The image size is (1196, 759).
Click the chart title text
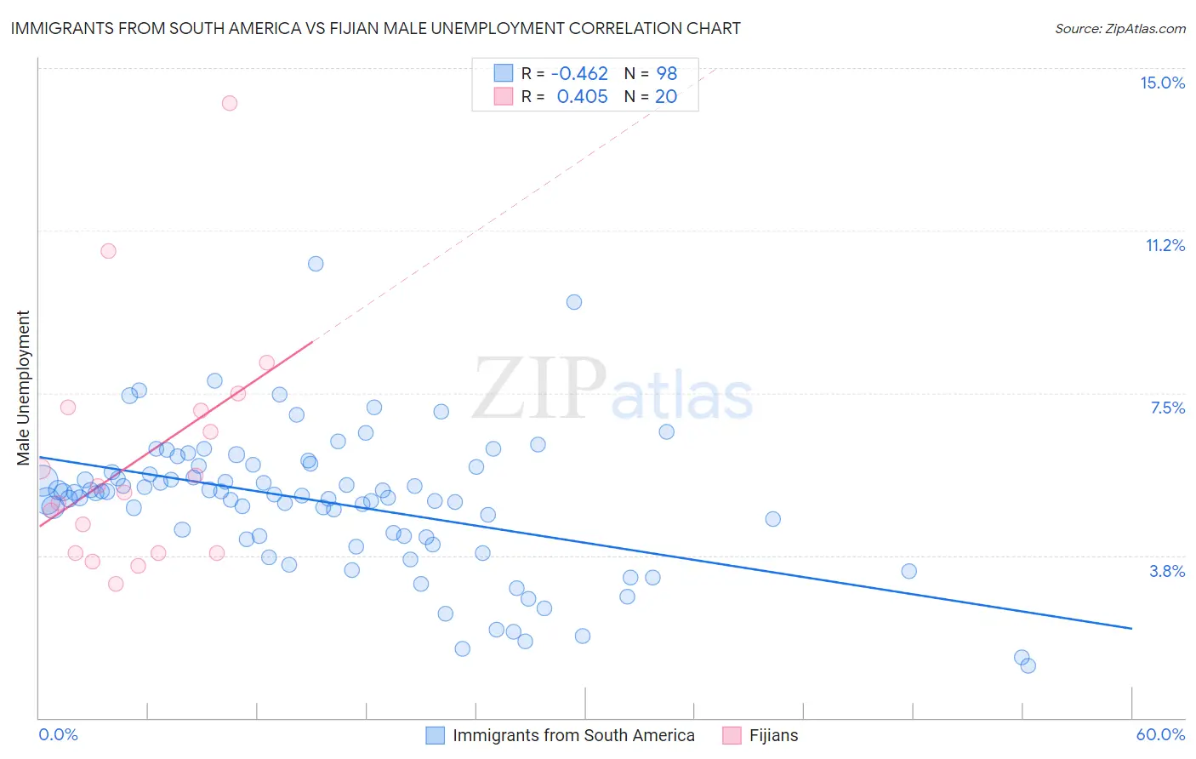[375, 28]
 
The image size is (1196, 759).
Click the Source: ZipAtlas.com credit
[1119, 28]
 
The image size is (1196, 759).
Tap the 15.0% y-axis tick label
[1162, 83]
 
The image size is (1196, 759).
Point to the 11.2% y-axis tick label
[1165, 245]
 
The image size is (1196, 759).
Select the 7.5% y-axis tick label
[1167, 408]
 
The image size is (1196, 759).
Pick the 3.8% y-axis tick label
[1167, 571]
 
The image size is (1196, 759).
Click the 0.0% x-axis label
[58, 734]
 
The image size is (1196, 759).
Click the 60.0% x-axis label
[1160, 734]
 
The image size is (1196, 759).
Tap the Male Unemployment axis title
[23, 388]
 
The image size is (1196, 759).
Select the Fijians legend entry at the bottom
[773, 735]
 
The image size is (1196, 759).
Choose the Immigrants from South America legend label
[573, 735]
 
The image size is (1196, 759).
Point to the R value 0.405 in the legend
[583, 97]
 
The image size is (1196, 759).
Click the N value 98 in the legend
[666, 74]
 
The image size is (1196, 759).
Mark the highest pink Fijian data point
[230, 103]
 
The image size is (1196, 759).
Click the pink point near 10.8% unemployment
[108, 251]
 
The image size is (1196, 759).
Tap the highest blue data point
[316, 264]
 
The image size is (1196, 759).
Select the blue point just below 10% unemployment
[574, 302]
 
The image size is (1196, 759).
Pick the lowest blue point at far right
[1028, 665]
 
